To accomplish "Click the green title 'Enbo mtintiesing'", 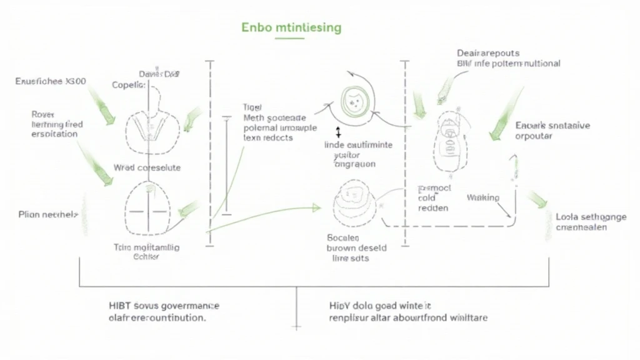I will click(291, 28).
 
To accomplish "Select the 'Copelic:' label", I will click(128, 85).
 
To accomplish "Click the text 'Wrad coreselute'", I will click(147, 167).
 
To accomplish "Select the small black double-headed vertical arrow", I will click(338, 132).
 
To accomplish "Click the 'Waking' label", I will click(483, 197).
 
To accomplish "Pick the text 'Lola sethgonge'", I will click(591, 217).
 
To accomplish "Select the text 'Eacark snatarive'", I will click(552, 125).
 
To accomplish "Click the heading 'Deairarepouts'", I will click(488, 53).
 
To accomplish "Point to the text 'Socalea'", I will click(343, 237).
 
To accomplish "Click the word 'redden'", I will click(432, 208).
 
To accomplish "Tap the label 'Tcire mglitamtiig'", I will click(146, 247).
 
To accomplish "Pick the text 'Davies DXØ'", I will click(159, 74).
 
